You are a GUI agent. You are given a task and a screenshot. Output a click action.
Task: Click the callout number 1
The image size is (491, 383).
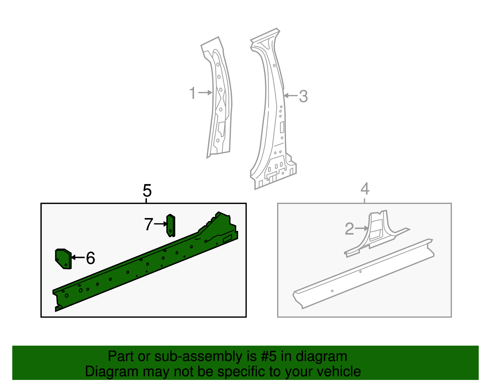(x=192, y=93)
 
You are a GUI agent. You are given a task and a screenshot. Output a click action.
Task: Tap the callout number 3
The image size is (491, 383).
(x=303, y=96)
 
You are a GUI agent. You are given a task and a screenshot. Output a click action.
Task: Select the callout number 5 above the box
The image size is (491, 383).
(x=147, y=191)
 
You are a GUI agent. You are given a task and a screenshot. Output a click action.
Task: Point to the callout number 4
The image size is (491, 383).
(x=365, y=189)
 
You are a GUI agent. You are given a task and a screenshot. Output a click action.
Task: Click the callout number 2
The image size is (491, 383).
(x=349, y=229)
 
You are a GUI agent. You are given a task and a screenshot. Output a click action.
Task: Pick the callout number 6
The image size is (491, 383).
(x=90, y=258)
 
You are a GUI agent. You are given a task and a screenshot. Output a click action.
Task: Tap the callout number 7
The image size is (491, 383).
(x=149, y=224)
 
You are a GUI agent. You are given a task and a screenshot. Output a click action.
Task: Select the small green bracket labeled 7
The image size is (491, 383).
(x=171, y=226)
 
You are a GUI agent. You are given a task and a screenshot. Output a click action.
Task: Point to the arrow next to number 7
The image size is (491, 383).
(x=160, y=224)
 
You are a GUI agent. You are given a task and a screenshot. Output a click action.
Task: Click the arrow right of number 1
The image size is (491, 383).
(x=205, y=93)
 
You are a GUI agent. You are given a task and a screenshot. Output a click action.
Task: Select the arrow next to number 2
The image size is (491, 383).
(x=361, y=228)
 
